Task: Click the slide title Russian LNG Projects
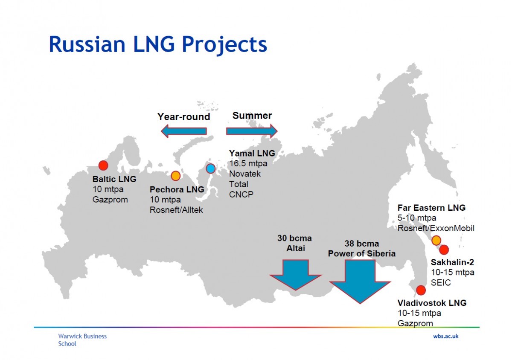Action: (x=158, y=44)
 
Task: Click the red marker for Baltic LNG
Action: (x=103, y=165)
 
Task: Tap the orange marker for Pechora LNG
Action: (x=175, y=176)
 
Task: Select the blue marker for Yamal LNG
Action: (x=210, y=168)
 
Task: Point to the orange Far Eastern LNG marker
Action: (x=436, y=241)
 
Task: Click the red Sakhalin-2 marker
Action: (x=444, y=250)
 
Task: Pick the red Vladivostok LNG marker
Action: (x=421, y=290)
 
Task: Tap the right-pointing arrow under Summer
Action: (x=252, y=131)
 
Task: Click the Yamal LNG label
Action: (x=252, y=153)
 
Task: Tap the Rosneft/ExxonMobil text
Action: (x=436, y=228)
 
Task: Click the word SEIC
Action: (x=441, y=282)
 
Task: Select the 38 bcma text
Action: (x=361, y=244)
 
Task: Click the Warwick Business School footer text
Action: (x=82, y=340)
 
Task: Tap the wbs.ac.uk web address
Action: (x=445, y=336)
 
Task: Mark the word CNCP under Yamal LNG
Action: (x=241, y=194)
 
